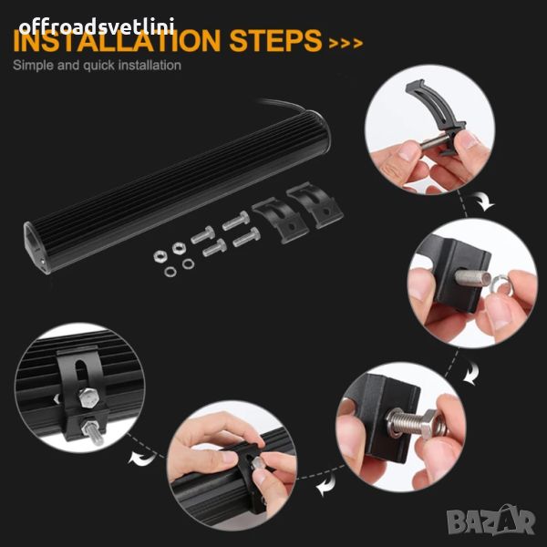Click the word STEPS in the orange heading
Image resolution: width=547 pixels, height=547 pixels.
tap(275, 40)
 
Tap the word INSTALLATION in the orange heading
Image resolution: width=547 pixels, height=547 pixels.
tap(117, 40)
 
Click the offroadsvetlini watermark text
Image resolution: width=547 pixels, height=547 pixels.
tap(97, 26)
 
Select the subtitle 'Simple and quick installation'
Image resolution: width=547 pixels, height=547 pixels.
tap(97, 66)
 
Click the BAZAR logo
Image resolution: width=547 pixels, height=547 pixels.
tap(490, 521)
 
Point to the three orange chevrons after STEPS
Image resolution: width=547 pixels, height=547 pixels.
tap(346, 43)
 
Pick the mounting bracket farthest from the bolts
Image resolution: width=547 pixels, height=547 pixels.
tap(315, 205)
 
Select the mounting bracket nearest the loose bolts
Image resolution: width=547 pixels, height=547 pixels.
tap(280, 220)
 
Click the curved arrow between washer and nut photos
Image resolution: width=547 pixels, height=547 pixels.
tap(471, 373)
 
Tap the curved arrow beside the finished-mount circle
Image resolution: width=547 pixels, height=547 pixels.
tap(141, 458)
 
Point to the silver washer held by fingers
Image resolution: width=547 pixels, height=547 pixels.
tap(501, 284)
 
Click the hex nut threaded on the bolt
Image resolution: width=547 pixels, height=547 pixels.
tap(428, 424)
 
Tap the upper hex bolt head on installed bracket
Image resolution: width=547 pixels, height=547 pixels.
tap(88, 397)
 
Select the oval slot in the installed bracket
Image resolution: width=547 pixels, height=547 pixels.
tap(82, 374)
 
